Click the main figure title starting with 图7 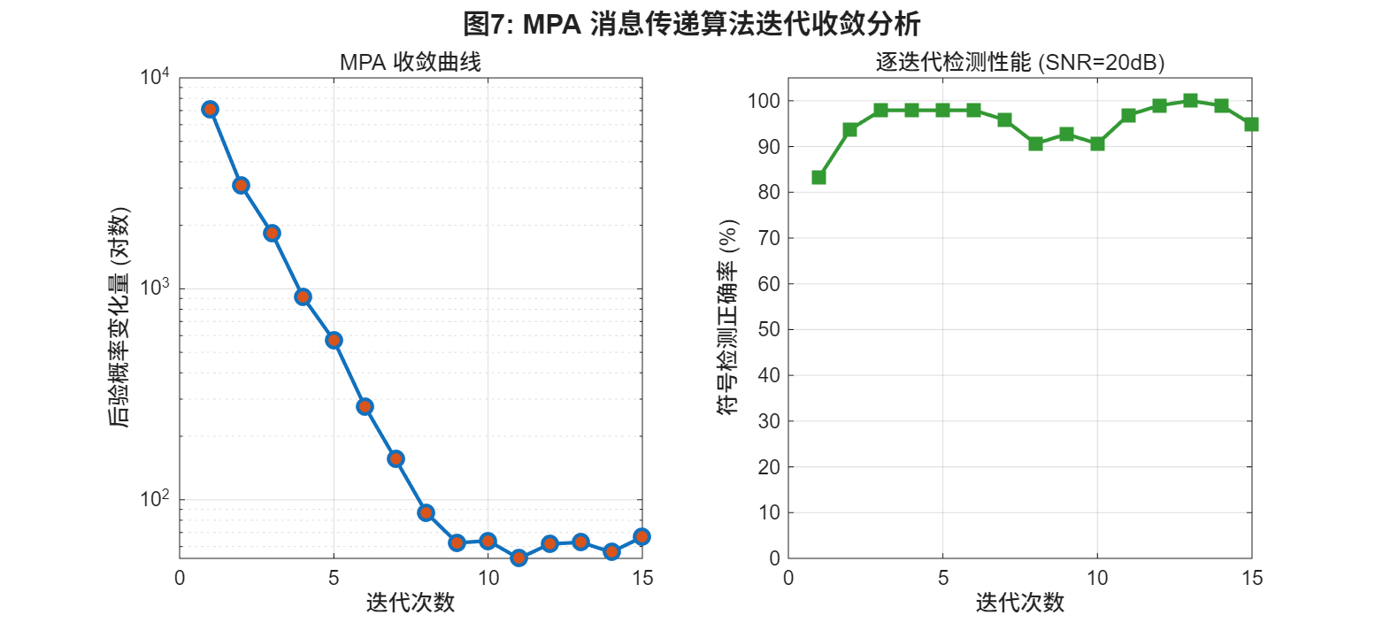click(x=691, y=22)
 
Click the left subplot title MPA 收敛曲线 click(x=411, y=63)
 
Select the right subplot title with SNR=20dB click(x=1019, y=63)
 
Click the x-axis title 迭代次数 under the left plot click(x=411, y=603)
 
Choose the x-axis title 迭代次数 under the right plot click(x=1019, y=603)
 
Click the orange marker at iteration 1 click(x=210, y=109)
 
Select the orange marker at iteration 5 click(x=334, y=340)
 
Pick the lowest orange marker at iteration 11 click(x=519, y=558)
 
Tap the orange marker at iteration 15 click(x=642, y=536)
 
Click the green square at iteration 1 click(x=818, y=177)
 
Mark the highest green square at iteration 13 click(x=1190, y=101)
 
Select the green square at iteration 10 click(x=1097, y=143)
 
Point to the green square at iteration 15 click(x=1251, y=124)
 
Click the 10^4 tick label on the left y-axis click(x=155, y=78)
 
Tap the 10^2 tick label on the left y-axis click(x=155, y=501)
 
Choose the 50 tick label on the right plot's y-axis click(x=769, y=329)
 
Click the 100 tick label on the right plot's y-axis click(x=765, y=101)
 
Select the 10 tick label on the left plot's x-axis click(x=488, y=578)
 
